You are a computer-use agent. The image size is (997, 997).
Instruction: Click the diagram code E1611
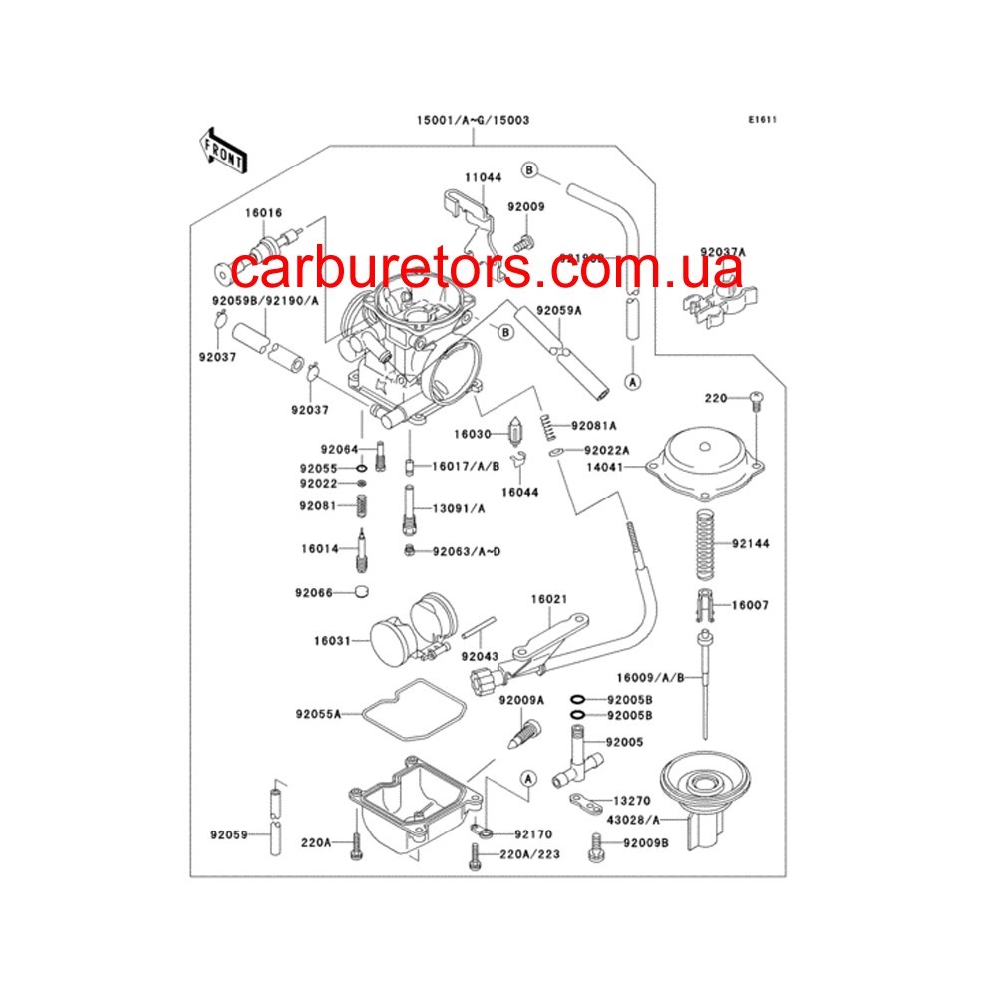[x=763, y=121]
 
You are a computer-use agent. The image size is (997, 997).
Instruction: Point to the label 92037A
[x=751, y=251]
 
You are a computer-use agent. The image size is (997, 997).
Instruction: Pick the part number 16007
[x=750, y=605]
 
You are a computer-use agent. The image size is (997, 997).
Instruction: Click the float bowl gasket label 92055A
[x=318, y=714]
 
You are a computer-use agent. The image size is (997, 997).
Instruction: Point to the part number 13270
[x=631, y=800]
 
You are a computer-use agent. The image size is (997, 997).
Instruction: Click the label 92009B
[x=646, y=843]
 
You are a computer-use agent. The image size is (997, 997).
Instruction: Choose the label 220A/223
[x=527, y=855]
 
